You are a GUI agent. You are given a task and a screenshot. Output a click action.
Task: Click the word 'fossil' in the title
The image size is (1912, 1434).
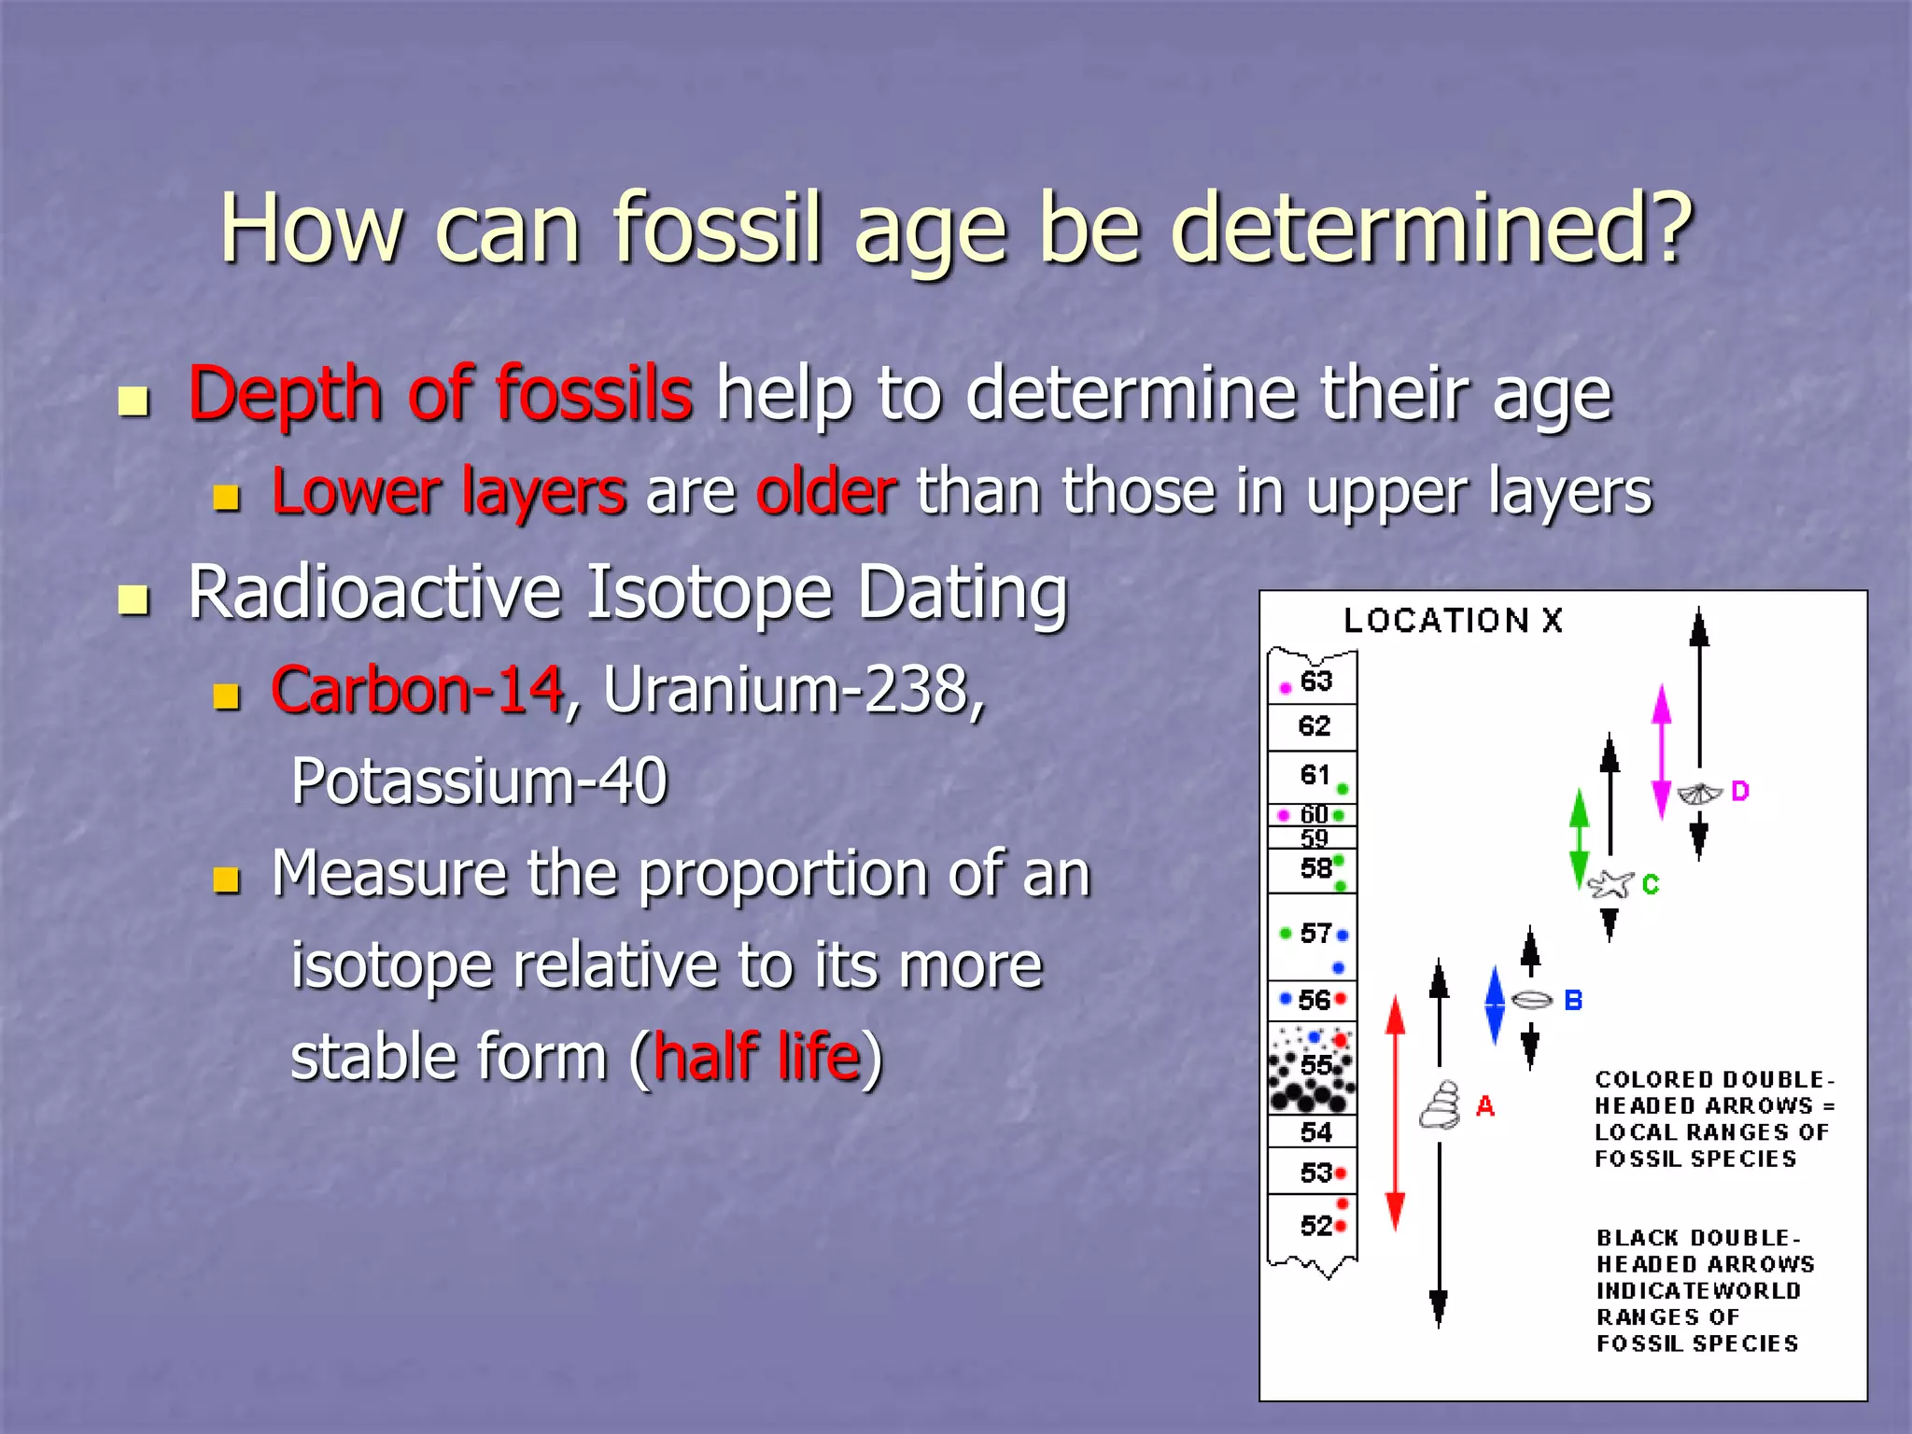(x=717, y=229)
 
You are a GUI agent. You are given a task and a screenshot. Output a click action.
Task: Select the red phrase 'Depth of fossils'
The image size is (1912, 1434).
(x=440, y=394)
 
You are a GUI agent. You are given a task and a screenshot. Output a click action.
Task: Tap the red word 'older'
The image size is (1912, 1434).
(x=826, y=491)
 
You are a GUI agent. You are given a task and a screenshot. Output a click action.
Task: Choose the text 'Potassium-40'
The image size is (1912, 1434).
(x=479, y=780)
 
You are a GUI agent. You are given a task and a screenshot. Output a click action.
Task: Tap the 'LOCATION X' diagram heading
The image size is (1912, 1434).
(x=1452, y=620)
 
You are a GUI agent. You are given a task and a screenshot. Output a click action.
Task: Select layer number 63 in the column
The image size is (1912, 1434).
(x=1315, y=682)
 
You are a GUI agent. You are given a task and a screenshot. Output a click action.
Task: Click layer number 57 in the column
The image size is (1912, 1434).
(x=1315, y=933)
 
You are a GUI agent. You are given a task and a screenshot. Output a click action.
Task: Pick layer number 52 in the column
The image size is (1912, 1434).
(x=1315, y=1225)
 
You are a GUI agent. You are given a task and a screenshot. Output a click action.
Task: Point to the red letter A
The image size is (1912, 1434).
(x=1484, y=1107)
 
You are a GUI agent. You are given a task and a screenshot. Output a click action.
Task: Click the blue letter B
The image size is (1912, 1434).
(x=1573, y=1001)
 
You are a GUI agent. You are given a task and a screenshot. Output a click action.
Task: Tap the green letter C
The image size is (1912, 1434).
(x=1651, y=884)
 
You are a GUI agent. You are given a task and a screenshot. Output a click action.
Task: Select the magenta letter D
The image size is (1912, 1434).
(x=1740, y=792)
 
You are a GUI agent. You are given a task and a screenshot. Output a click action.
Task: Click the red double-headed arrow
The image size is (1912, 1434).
(x=1396, y=1111)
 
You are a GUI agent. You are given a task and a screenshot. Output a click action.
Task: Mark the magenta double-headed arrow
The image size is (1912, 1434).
(x=1661, y=752)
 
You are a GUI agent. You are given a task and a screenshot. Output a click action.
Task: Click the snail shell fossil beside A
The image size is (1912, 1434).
(x=1441, y=1105)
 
